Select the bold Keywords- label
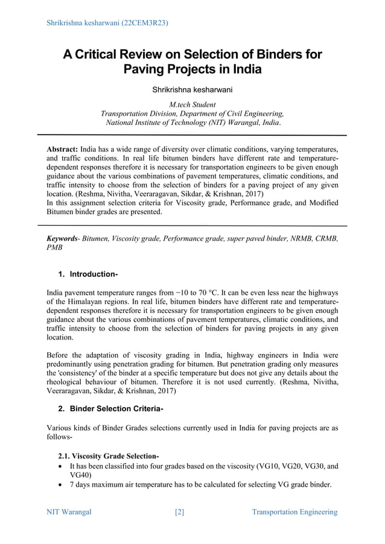click(67, 239)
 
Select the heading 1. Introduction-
click(87, 274)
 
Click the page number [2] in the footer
click(179, 512)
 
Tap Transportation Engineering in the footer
click(294, 512)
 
